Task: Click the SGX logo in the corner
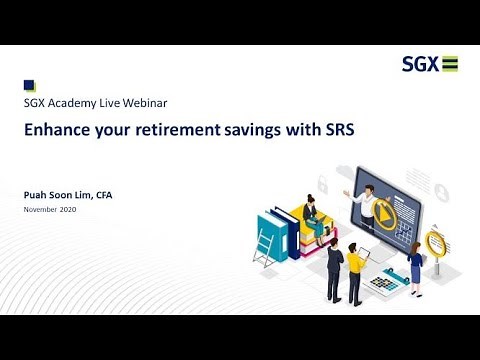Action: click(x=430, y=65)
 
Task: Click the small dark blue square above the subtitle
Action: click(x=29, y=86)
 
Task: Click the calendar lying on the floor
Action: click(x=383, y=285)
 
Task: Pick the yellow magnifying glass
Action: click(x=435, y=242)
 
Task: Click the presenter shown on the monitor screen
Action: click(x=367, y=207)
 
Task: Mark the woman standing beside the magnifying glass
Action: click(x=414, y=267)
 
